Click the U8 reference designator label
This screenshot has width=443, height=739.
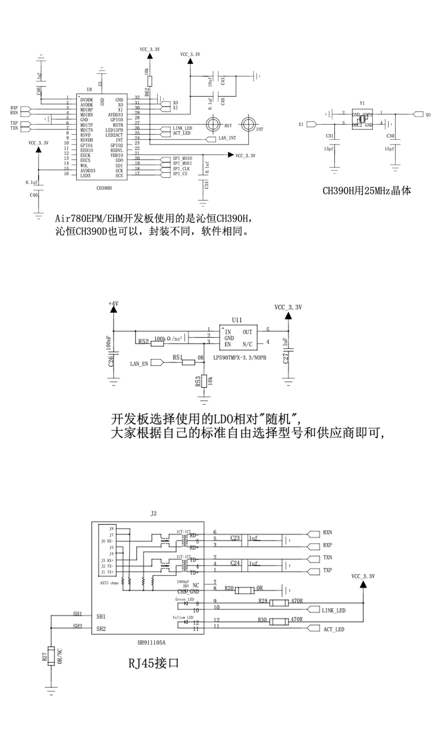click(89, 90)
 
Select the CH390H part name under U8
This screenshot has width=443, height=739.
click(104, 188)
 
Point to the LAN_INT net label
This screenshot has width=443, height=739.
click(227, 138)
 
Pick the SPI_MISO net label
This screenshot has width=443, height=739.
click(182, 158)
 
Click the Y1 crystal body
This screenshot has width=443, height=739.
click(362, 119)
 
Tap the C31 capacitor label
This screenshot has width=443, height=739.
click(329, 136)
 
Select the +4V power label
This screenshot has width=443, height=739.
click(113, 303)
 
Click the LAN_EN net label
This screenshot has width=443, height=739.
click(139, 364)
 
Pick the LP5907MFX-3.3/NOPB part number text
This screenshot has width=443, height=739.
click(240, 358)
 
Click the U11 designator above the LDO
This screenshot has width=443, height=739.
click(237, 320)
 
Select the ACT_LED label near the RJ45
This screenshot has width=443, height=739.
click(333, 629)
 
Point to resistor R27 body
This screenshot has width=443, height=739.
click(51, 656)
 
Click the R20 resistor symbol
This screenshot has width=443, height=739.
click(245, 590)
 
